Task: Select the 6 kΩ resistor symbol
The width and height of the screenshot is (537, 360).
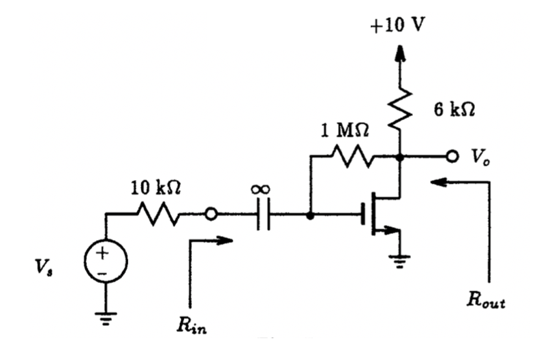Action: click(399, 108)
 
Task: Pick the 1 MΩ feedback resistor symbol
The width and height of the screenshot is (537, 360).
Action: click(352, 157)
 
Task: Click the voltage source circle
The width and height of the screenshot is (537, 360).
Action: click(106, 261)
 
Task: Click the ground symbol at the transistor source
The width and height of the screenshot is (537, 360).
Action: click(399, 259)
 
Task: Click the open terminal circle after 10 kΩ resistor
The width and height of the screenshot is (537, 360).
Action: click(211, 215)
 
